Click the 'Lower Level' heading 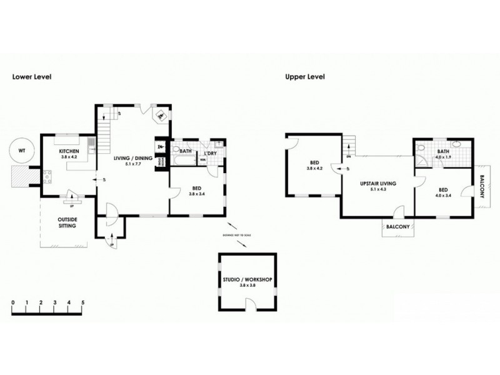click(32, 77)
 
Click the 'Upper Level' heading click(304, 77)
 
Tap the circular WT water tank click(22, 151)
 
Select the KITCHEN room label click(68, 152)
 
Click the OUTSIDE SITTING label click(67, 223)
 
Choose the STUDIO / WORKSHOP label click(247, 279)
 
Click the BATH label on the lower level click(185, 151)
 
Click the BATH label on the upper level click(444, 151)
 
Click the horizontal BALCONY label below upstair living click(397, 227)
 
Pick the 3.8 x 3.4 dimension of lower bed click(196, 194)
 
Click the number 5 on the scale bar click(82, 303)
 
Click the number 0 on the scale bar click(12, 303)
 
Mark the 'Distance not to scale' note click(236, 235)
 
